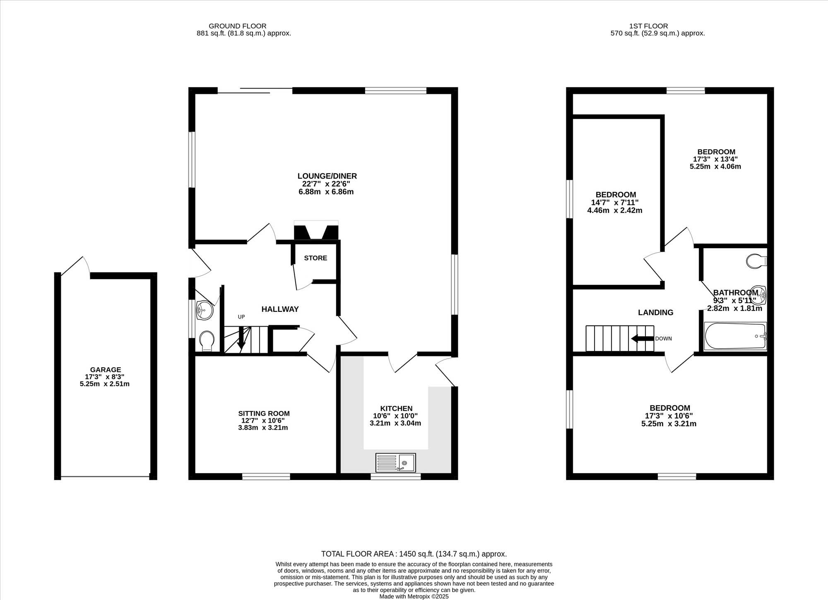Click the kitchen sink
(x=395, y=463)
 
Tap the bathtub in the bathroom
(x=735, y=336)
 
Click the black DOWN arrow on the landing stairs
(x=643, y=339)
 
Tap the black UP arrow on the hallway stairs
(x=241, y=337)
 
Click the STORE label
(x=315, y=258)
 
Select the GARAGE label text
(x=106, y=370)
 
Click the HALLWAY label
(x=280, y=309)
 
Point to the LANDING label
(x=655, y=312)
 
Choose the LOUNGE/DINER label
(x=327, y=176)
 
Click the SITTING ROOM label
(x=264, y=413)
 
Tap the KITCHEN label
(x=396, y=408)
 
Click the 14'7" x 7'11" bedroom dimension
(x=615, y=202)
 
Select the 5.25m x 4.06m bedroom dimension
(x=715, y=166)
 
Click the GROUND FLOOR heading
(x=237, y=26)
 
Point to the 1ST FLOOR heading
(x=648, y=26)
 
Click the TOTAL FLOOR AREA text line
(x=414, y=554)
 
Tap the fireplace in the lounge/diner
(x=316, y=230)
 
